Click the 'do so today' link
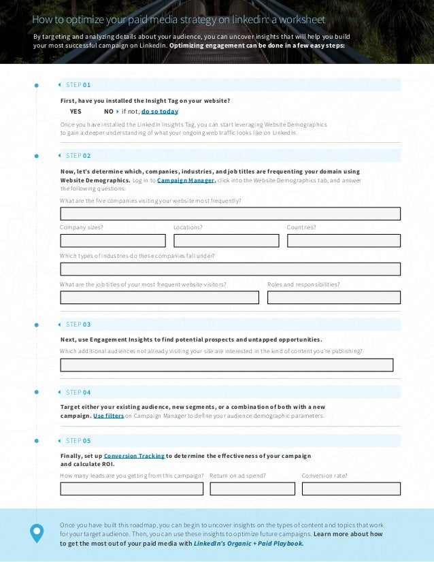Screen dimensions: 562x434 (160, 111)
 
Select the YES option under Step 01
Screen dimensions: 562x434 (76, 111)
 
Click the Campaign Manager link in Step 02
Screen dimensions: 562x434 (186, 180)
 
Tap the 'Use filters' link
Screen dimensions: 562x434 (108, 415)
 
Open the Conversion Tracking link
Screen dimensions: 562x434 (134, 455)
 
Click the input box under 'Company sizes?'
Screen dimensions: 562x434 (113, 241)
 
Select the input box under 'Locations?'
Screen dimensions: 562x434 (226, 241)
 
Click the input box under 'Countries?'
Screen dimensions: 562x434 (344, 241)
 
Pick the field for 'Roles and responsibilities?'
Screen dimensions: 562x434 (333, 297)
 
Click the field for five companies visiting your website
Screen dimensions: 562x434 (230, 214)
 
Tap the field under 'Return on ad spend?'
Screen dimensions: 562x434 (252, 489)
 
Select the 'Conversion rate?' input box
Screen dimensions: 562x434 (351, 489)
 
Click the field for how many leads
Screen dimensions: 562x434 (131, 489)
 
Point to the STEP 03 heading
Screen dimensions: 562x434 (78, 325)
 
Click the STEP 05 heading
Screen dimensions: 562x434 (78, 440)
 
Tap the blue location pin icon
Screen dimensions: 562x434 (37, 533)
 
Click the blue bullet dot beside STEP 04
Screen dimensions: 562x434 (37, 393)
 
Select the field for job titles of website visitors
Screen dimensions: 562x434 (159, 297)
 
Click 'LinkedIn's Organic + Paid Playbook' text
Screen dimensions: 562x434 (248, 544)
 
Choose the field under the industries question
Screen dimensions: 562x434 (230, 269)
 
